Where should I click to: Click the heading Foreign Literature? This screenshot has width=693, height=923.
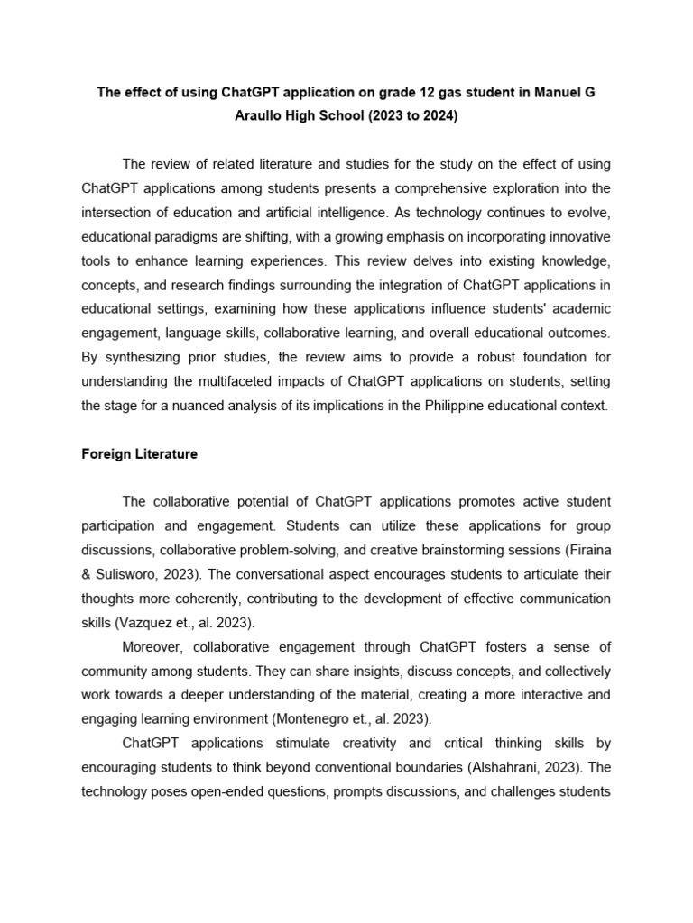tap(139, 454)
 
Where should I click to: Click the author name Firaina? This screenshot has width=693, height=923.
tap(588, 550)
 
